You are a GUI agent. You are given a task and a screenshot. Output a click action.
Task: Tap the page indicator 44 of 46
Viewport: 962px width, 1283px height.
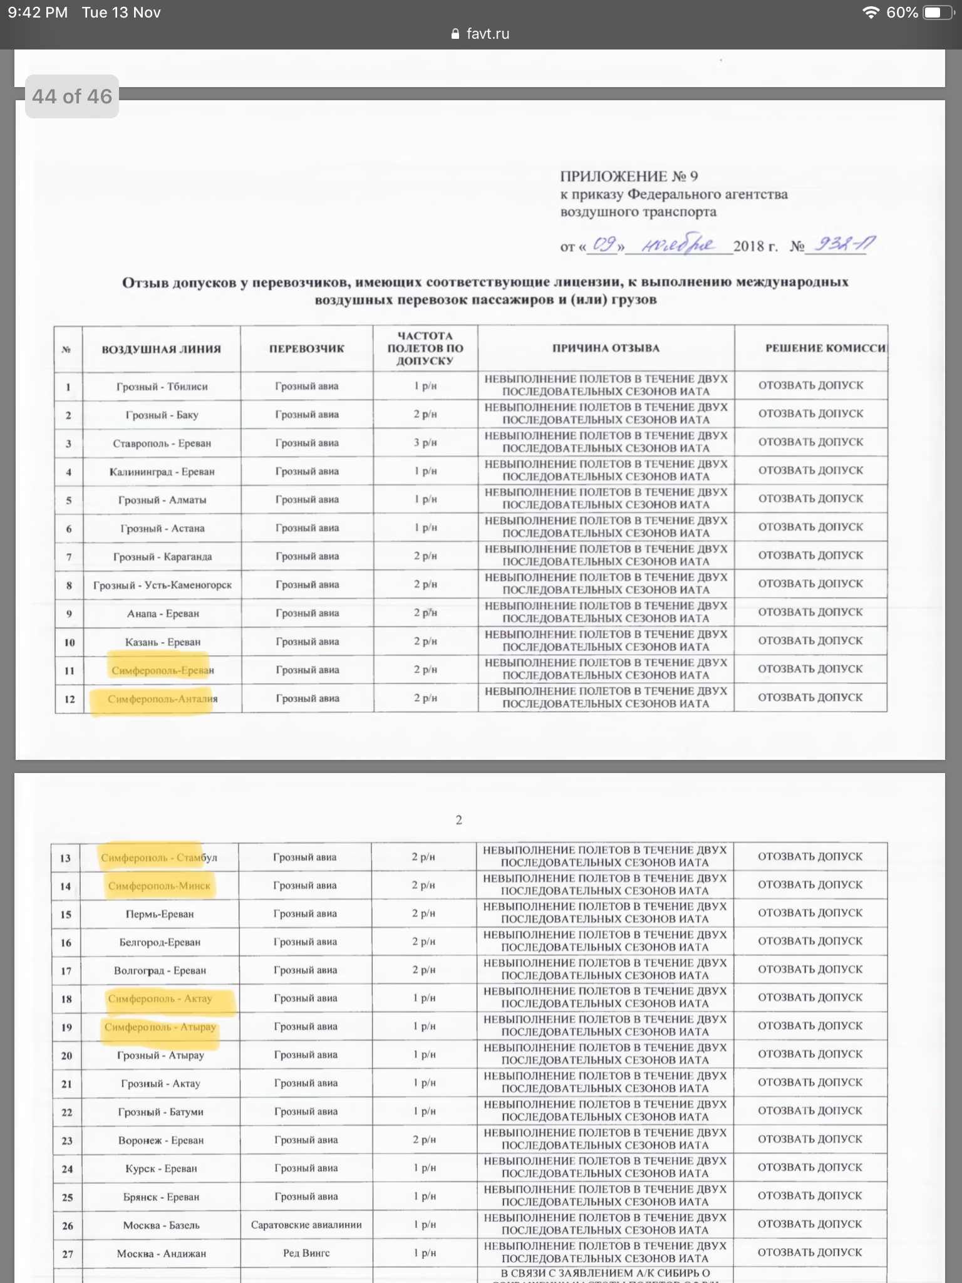click(x=72, y=96)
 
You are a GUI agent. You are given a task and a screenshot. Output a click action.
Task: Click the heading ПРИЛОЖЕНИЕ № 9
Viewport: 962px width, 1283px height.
click(x=629, y=177)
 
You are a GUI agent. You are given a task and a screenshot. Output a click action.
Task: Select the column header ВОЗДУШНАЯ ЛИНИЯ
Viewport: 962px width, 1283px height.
click(x=161, y=349)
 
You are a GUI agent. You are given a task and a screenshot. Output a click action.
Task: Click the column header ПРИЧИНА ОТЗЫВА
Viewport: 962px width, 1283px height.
click(x=606, y=348)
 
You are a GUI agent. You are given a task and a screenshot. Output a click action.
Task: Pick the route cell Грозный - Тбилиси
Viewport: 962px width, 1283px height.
click(x=162, y=387)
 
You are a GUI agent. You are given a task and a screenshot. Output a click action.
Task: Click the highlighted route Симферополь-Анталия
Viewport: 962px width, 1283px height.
click(x=162, y=699)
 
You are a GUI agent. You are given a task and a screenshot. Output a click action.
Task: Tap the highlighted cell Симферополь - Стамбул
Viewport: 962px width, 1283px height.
click(x=159, y=857)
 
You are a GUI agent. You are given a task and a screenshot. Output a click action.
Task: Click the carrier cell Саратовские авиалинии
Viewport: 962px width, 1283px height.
click(x=306, y=1224)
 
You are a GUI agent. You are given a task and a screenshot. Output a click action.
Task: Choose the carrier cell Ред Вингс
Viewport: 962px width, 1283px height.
click(x=306, y=1252)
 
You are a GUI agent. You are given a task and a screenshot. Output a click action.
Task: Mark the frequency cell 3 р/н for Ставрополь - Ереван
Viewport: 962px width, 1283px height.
click(x=425, y=442)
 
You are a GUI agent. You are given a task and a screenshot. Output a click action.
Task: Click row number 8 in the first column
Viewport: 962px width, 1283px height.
click(x=69, y=585)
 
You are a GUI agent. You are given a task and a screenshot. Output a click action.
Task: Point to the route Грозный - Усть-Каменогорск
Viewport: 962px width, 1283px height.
click(x=162, y=585)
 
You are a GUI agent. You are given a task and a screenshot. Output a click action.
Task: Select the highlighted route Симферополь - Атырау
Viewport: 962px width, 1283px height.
click(x=160, y=1027)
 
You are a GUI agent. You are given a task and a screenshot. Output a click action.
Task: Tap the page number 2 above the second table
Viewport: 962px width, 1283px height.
click(x=459, y=819)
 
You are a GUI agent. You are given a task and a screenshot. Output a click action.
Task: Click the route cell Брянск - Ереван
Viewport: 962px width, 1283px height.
click(x=161, y=1197)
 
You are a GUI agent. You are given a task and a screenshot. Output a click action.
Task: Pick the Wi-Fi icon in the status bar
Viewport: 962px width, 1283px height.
click(x=870, y=13)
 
